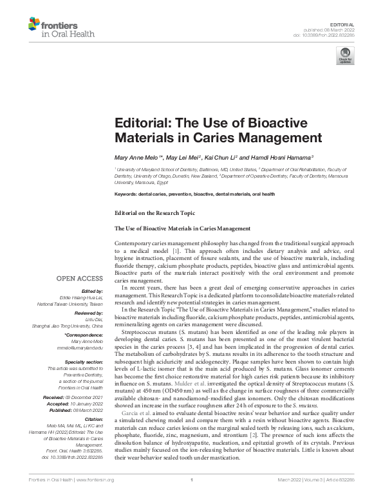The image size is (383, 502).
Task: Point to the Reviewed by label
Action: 88,312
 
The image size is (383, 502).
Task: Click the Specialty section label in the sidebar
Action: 84,362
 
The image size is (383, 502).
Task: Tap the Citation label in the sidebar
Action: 93,419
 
